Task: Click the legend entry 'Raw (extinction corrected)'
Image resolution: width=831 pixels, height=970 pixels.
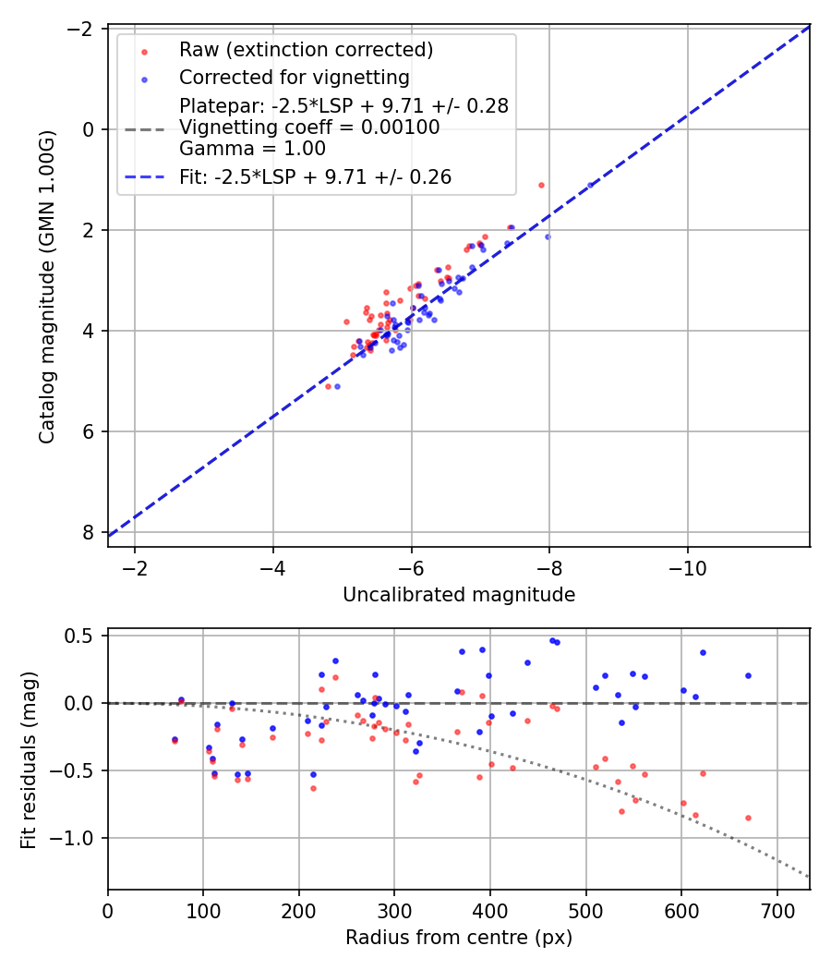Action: pos(306,49)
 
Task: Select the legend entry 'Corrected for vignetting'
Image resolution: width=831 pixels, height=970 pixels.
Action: pos(294,77)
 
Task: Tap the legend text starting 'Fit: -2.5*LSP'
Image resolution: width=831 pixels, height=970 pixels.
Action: pos(315,177)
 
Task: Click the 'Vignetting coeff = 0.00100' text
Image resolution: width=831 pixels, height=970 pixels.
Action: pos(309,127)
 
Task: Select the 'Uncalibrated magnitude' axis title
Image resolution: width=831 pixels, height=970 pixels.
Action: pos(459,595)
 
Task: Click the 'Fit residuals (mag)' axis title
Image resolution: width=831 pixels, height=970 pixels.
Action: pos(29,758)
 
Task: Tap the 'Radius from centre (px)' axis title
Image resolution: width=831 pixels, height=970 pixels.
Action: pos(459,938)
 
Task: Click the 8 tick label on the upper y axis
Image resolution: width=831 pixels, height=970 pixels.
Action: pos(90,532)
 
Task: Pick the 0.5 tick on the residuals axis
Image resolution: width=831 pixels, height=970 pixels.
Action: pos(83,636)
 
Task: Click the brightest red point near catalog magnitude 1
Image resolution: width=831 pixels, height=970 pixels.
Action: pos(541,185)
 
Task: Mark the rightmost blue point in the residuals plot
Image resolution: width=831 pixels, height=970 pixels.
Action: pos(748,675)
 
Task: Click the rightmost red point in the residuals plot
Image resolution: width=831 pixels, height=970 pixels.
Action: pos(748,818)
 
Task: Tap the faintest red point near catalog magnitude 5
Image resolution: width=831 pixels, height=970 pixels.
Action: pos(328,386)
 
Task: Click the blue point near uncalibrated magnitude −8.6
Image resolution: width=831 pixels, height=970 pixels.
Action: pos(591,185)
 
